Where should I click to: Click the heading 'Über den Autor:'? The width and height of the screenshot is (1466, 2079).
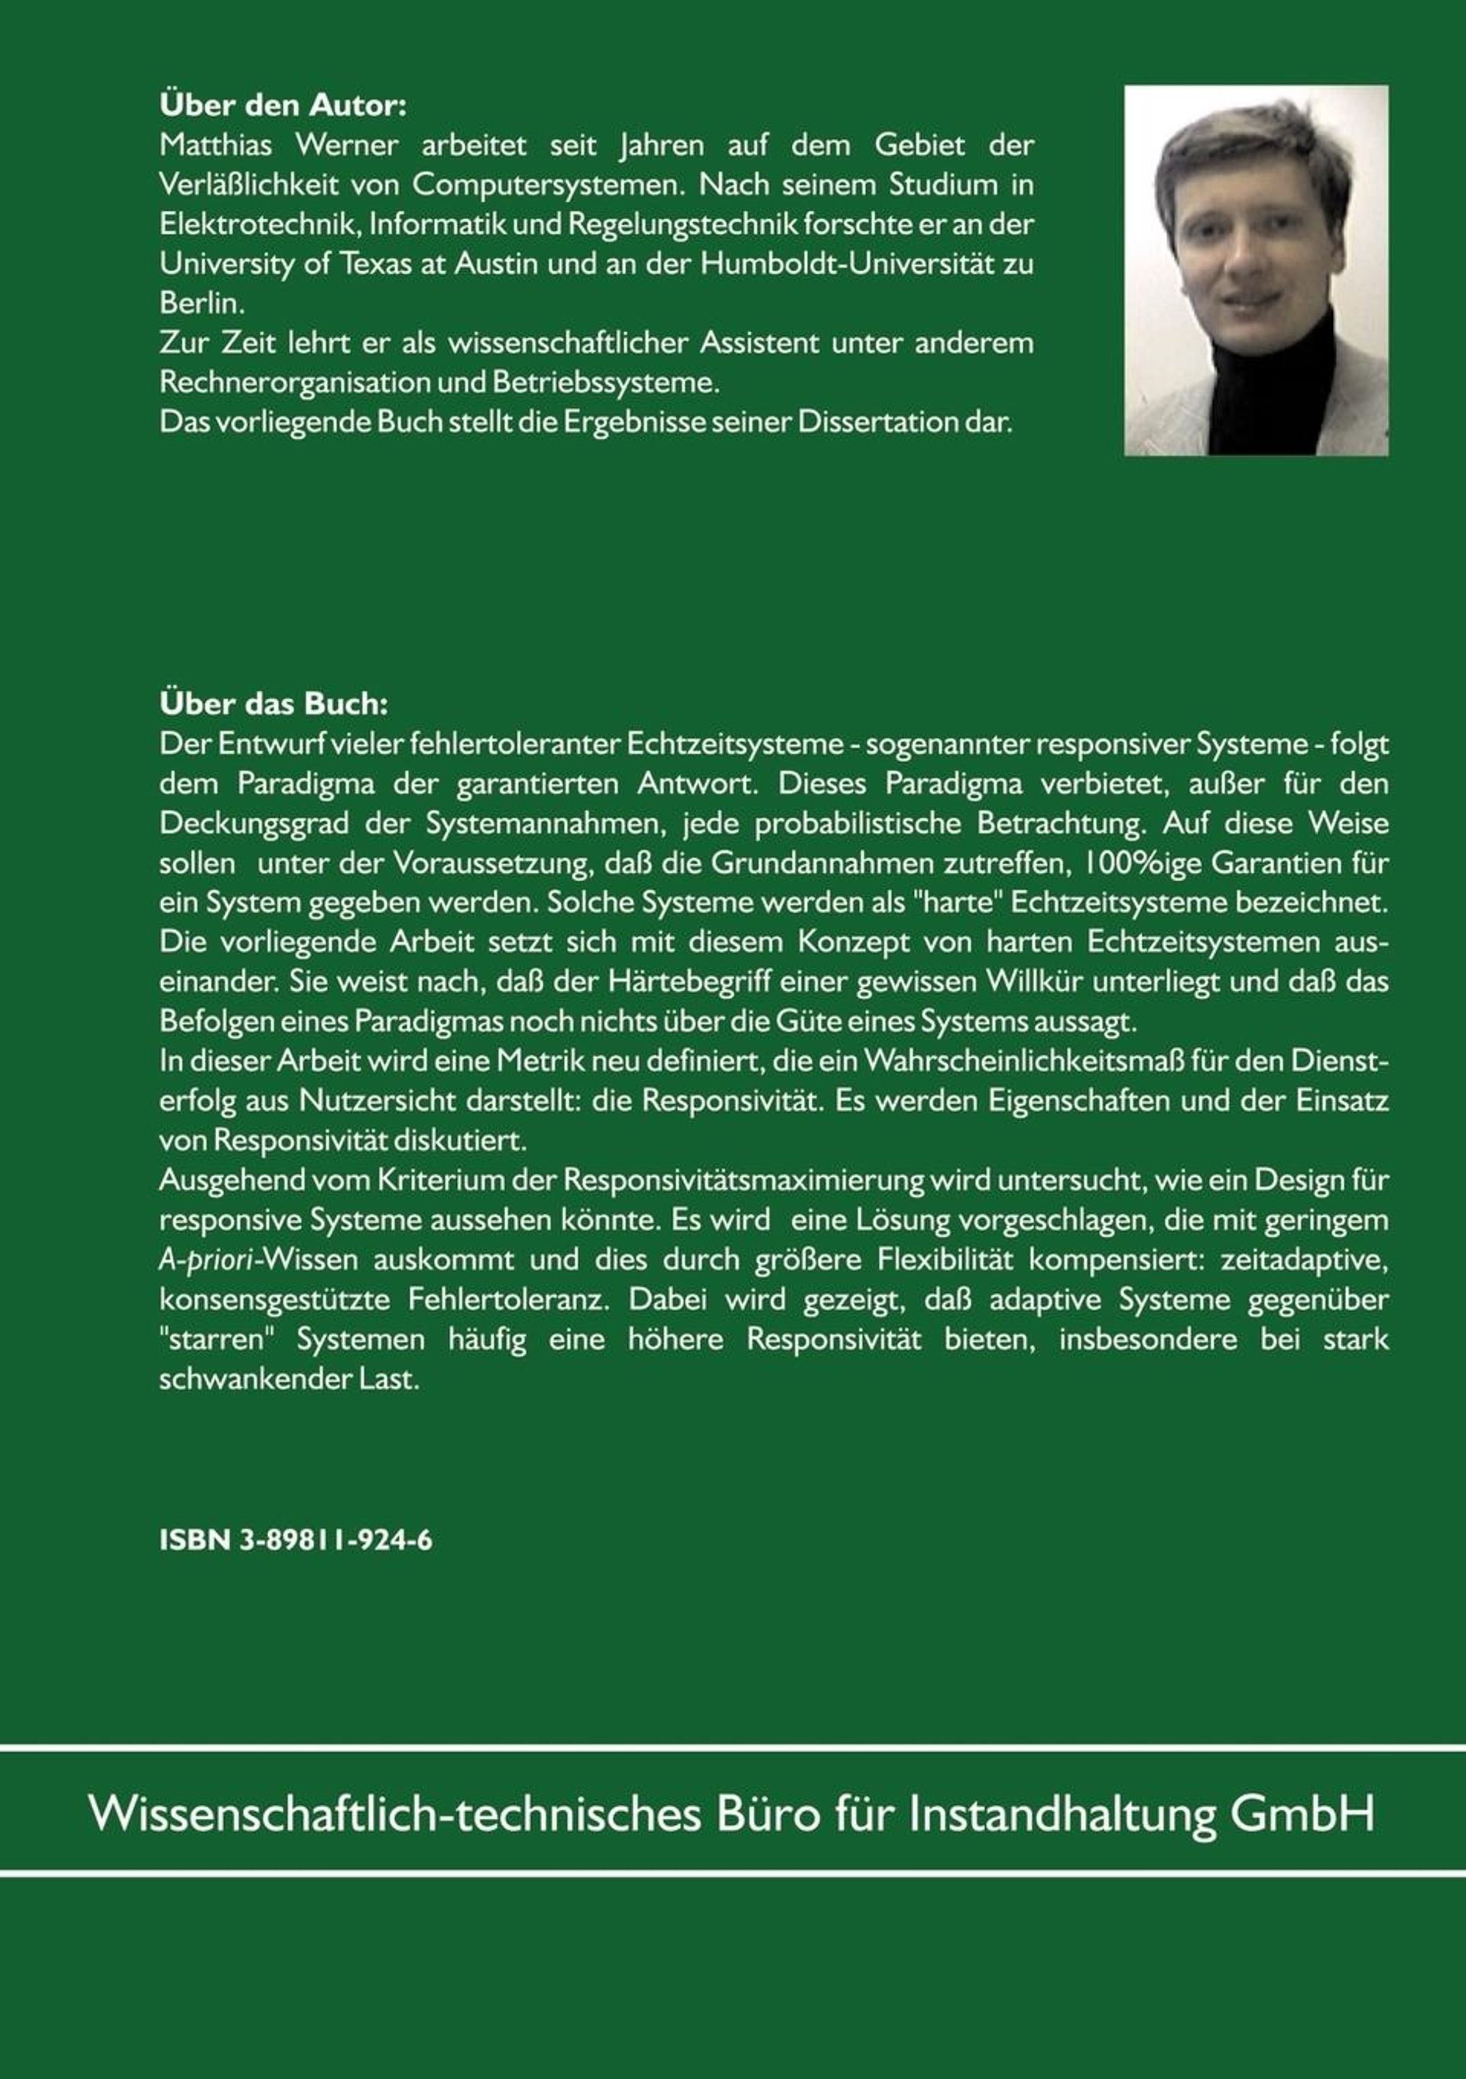pyautogui.click(x=283, y=106)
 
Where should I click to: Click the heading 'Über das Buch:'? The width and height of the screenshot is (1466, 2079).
pyautogui.click(x=274, y=704)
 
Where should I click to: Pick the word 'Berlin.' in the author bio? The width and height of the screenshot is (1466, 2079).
pyautogui.click(x=197, y=304)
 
